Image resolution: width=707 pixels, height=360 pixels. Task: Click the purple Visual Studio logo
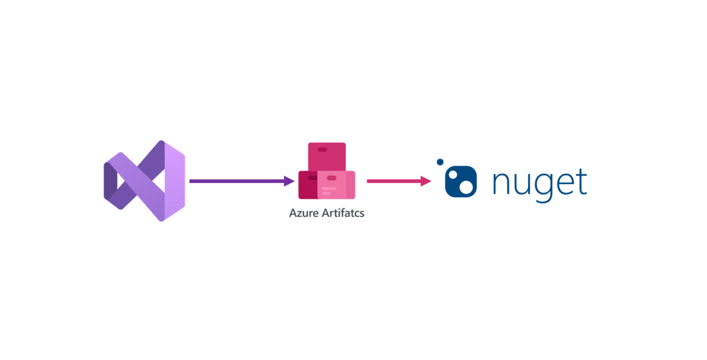pyautogui.click(x=144, y=181)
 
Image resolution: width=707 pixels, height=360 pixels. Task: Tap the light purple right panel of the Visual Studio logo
pyautogui.click(x=174, y=181)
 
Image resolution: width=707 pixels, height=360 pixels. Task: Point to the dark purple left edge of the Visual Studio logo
pyautogui.click(x=110, y=181)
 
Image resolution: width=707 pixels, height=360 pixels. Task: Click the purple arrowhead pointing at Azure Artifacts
pyautogui.click(x=289, y=181)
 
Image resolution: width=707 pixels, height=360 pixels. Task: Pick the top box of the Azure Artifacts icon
pyautogui.click(x=327, y=156)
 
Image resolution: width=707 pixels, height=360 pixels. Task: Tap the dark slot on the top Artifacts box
pyautogui.click(x=322, y=150)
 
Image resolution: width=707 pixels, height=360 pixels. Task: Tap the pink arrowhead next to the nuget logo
pyautogui.click(x=426, y=181)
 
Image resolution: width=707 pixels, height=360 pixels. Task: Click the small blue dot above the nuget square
pyautogui.click(x=440, y=162)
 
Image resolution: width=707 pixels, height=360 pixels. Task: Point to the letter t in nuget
pyautogui.click(x=581, y=180)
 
